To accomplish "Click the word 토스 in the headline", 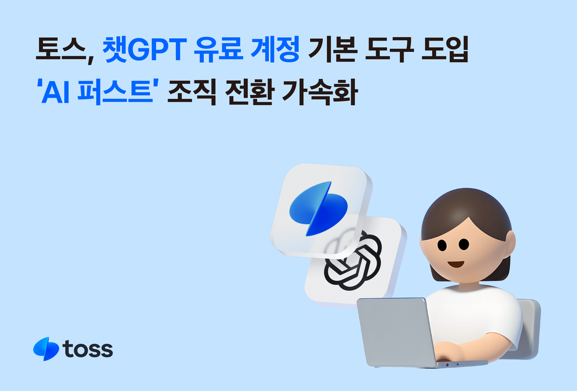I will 60,51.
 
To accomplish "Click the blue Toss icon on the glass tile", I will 318,208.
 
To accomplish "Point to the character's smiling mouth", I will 455,263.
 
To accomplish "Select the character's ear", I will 509,244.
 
